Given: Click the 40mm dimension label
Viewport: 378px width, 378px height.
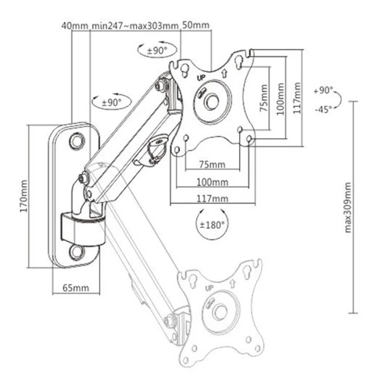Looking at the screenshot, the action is tap(75, 26).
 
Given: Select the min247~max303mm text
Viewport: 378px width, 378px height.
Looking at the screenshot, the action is tap(135, 26).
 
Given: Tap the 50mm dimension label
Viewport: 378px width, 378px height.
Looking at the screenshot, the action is tap(196, 25).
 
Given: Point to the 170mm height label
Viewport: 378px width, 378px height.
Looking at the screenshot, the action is tap(24, 196).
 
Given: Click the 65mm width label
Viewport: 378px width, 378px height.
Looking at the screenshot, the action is tap(76, 288).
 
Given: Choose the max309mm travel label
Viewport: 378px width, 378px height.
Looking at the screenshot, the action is tap(348, 207).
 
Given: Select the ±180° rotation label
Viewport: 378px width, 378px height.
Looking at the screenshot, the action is tap(212, 225).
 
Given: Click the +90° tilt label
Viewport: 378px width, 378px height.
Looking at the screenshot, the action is tap(324, 91).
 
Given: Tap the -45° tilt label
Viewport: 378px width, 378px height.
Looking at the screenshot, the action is tap(324, 110).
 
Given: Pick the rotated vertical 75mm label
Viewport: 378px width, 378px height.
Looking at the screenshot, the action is tap(264, 98).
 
